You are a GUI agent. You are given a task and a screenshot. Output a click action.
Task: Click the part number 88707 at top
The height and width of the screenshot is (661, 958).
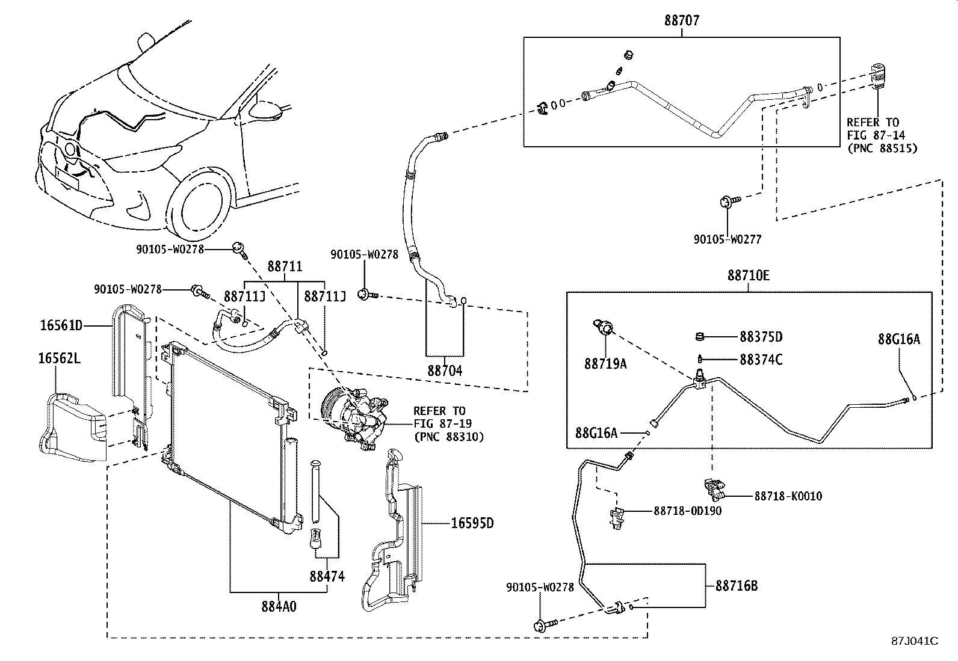click(x=682, y=20)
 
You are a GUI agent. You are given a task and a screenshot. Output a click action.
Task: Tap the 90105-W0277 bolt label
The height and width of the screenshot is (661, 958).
click(x=727, y=239)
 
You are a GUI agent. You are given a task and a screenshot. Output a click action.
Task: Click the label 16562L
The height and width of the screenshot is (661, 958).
click(x=60, y=360)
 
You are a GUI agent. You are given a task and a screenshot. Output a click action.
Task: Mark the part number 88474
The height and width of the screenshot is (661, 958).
click(x=327, y=576)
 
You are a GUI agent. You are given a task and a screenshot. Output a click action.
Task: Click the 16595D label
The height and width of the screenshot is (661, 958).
click(x=472, y=523)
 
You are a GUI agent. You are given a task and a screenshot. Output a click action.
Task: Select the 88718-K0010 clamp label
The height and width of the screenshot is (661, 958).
click(x=788, y=496)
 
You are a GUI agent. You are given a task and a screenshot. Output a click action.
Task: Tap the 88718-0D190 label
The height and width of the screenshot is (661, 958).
click(x=687, y=511)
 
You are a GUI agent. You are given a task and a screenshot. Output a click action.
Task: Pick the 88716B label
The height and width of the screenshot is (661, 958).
click(x=736, y=585)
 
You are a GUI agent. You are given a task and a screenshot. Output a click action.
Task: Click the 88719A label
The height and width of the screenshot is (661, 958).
click(x=605, y=364)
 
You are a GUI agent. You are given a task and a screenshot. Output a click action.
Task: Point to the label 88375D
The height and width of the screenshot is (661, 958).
click(x=761, y=337)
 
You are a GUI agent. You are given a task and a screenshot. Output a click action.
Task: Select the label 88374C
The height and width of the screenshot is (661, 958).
click(x=761, y=360)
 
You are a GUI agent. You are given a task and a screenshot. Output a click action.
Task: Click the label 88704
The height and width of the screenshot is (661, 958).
click(x=445, y=370)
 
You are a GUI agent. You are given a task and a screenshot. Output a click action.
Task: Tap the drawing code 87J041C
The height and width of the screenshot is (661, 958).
click(x=915, y=641)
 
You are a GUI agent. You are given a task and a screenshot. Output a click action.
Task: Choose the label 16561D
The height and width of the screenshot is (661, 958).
click(x=61, y=325)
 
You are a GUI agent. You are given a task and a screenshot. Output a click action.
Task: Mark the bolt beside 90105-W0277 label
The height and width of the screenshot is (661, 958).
click(x=726, y=202)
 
